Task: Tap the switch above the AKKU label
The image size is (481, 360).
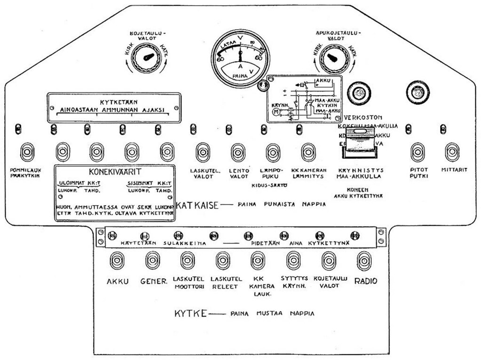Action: tap(118, 260)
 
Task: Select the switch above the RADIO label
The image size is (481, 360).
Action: tap(364, 260)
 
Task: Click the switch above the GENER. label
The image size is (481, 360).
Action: tap(153, 260)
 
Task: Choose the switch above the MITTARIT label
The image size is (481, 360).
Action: tap(452, 152)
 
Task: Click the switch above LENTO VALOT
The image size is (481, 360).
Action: tap(238, 152)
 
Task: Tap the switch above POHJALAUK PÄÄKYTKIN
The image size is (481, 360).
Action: tap(28, 152)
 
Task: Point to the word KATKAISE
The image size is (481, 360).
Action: tap(197, 206)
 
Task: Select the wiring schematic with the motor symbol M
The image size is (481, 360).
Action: tap(304, 99)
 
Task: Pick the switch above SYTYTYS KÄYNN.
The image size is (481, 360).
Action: tap(293, 260)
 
